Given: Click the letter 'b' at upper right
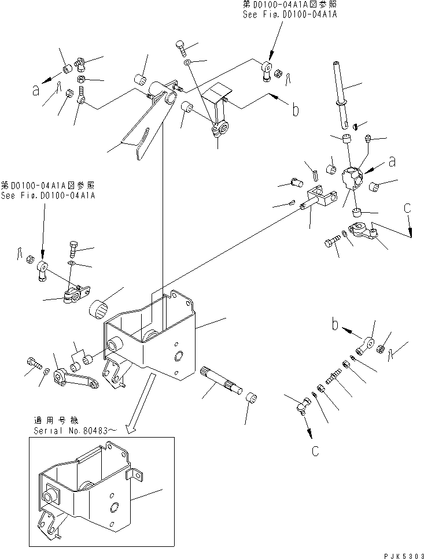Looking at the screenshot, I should (295, 109).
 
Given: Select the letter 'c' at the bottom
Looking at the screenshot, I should (315, 451).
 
